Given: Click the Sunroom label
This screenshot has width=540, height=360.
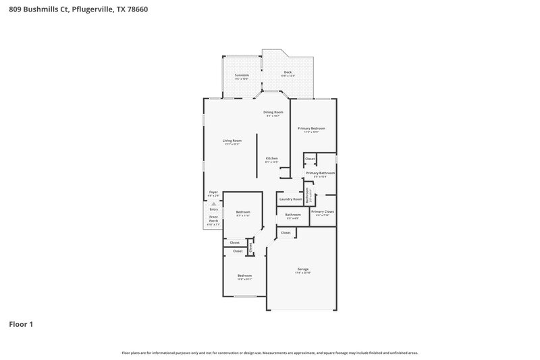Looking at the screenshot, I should pyautogui.click(x=242, y=75).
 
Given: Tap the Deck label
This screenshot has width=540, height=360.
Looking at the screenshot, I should pyautogui.click(x=288, y=72).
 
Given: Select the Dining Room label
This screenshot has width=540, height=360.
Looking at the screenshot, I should pyautogui.click(x=273, y=112).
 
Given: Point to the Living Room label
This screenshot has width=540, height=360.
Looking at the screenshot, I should pyautogui.click(x=232, y=140).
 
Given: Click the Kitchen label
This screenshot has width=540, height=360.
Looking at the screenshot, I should pyautogui.click(x=271, y=159).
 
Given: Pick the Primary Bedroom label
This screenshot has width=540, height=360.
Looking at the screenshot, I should pyautogui.click(x=311, y=128).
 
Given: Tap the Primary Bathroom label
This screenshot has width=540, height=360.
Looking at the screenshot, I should pyautogui.click(x=320, y=173).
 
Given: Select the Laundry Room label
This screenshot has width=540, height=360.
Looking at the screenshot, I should pyautogui.click(x=290, y=199).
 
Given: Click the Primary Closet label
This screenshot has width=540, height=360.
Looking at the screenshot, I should pyautogui.click(x=323, y=211).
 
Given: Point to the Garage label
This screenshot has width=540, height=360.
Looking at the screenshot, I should pyautogui.click(x=302, y=269).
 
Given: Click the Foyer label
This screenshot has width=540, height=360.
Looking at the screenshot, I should pyautogui.click(x=213, y=192).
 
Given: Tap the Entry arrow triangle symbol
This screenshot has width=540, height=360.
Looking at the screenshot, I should pyautogui.click(x=213, y=203).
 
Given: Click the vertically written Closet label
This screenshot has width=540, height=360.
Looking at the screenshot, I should pyautogui.click(x=250, y=247).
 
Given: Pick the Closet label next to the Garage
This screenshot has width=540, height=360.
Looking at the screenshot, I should pyautogui.click(x=286, y=232).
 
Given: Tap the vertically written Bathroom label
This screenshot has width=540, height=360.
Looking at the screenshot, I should pyautogui.click(x=307, y=196).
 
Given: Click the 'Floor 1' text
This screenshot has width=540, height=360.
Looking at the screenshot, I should pyautogui.click(x=21, y=324).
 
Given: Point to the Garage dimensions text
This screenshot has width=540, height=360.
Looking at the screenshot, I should pyautogui.click(x=302, y=272).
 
